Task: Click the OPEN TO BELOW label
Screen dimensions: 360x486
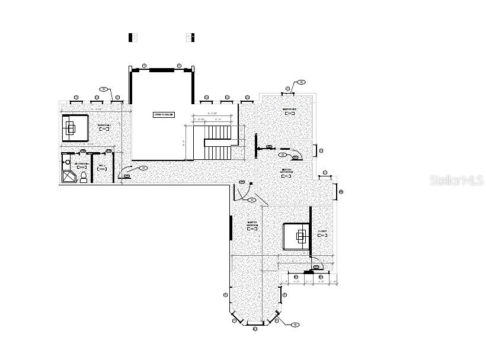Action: pyautogui.click(x=164, y=114)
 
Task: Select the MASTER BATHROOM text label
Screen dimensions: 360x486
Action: pyautogui.click(x=287, y=172)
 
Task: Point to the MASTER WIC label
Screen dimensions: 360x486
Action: pyautogui.click(x=289, y=111)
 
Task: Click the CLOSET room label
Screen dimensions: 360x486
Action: pyautogui.click(x=322, y=233)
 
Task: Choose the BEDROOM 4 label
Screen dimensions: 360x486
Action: pyautogui.click(x=104, y=127)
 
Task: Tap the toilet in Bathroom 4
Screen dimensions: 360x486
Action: pyautogui.click(x=84, y=178)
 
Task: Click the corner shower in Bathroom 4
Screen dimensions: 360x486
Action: pyautogui.click(x=68, y=177)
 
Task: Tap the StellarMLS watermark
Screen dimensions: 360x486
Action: pyautogui.click(x=456, y=181)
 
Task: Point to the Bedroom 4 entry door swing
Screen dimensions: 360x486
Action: pyautogui.click(x=125, y=172)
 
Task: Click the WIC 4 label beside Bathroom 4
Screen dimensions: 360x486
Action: pyautogui.click(x=102, y=167)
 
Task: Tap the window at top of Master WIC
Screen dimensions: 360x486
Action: pyautogui.click(x=289, y=94)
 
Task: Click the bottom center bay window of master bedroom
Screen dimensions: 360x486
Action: pyautogui.click(x=255, y=324)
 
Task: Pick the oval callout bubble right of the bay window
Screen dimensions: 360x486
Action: pyautogui.click(x=295, y=324)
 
